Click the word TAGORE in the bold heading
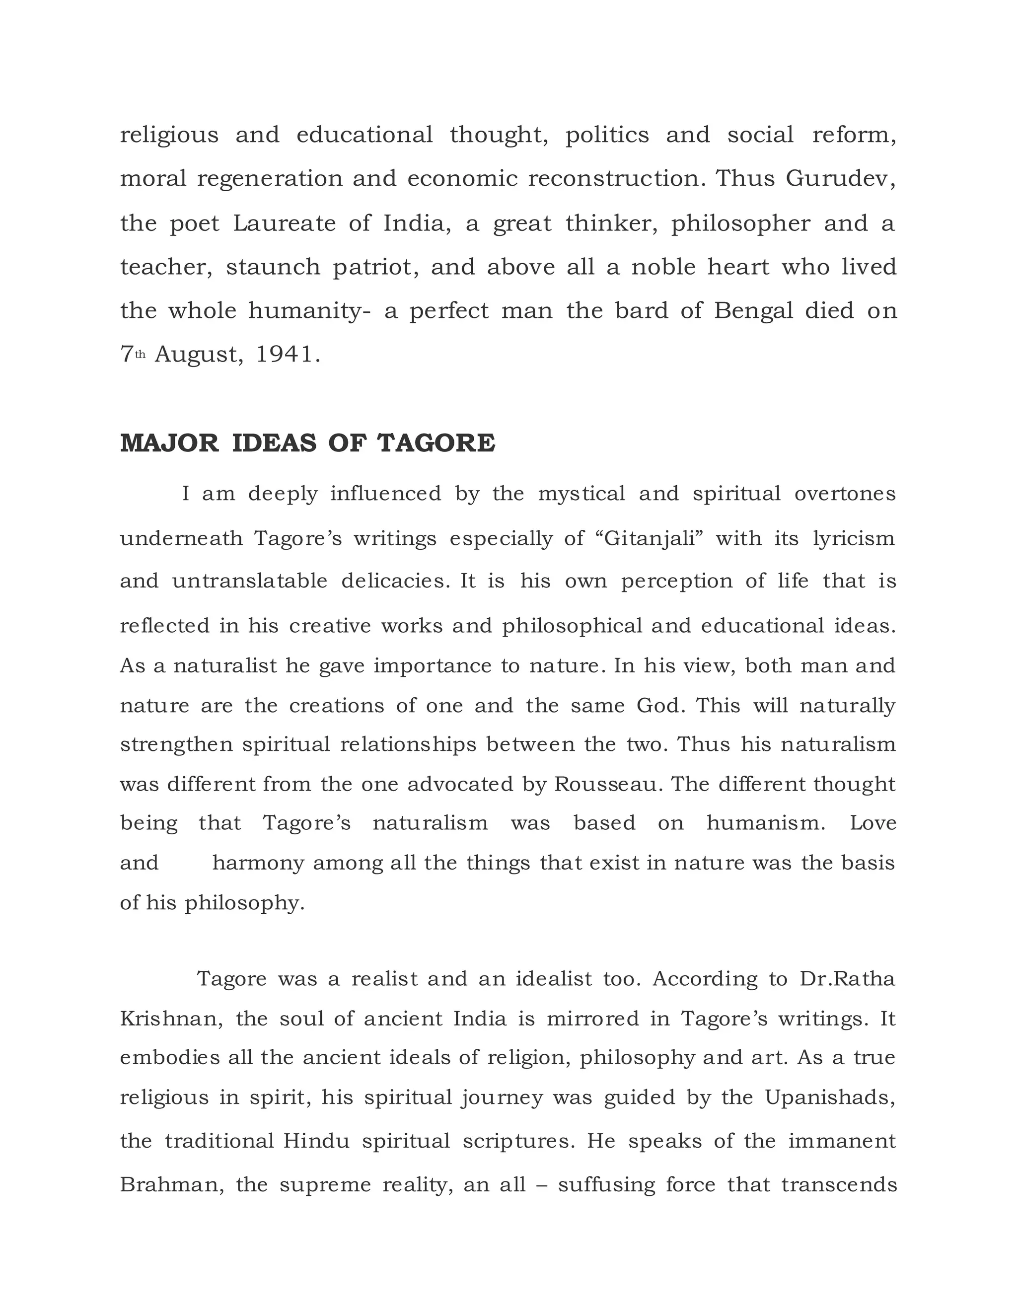pos(436,444)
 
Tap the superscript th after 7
pos(141,355)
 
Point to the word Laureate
pos(285,223)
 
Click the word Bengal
pos(754,311)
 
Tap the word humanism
pos(766,823)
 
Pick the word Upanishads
pos(830,1097)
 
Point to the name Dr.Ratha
pos(847,979)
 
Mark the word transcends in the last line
pos(839,1184)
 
